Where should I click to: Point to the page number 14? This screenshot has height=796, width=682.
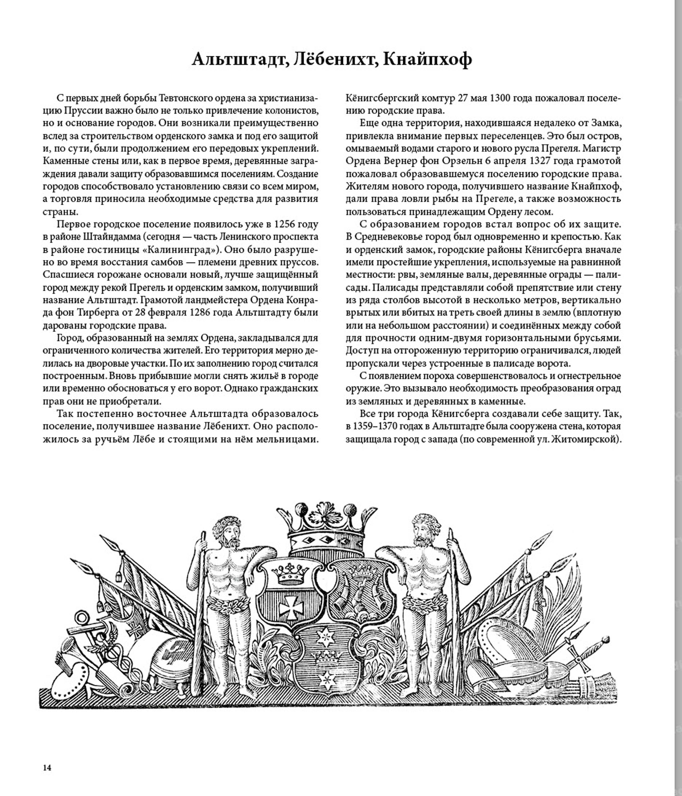click(x=47, y=768)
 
